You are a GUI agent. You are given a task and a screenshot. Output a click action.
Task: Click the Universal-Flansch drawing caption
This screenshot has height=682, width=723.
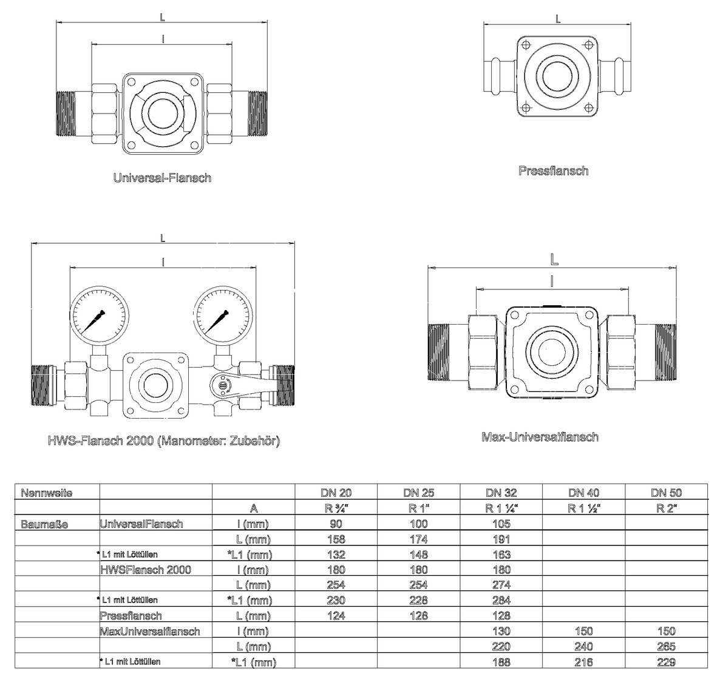click(162, 178)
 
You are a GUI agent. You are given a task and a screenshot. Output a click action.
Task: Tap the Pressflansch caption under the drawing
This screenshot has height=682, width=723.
click(553, 171)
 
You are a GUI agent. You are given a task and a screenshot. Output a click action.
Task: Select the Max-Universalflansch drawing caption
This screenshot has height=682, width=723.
click(540, 437)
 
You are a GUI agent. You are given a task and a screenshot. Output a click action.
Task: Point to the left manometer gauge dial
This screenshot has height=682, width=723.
click(100, 315)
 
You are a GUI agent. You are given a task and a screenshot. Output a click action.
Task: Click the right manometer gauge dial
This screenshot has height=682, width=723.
click(223, 315)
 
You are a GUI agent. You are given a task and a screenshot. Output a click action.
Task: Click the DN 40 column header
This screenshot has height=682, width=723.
click(583, 493)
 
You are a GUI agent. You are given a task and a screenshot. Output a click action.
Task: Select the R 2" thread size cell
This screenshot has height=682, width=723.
click(667, 508)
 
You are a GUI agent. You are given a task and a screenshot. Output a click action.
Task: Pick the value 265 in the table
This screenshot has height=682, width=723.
click(667, 647)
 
